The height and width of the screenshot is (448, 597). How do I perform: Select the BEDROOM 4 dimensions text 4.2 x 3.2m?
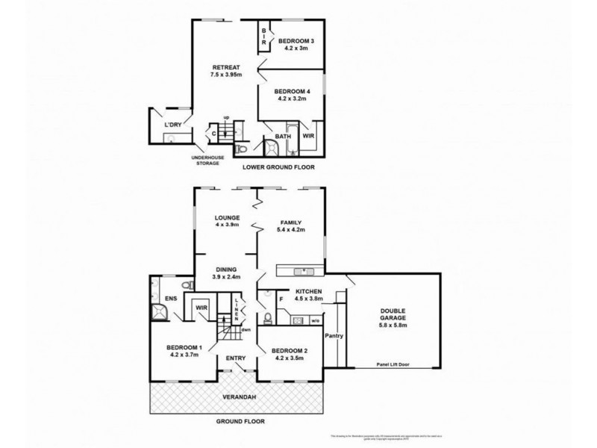click(293, 97)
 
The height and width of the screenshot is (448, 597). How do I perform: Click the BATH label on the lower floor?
click(283, 137)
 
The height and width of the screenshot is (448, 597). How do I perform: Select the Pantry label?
click(334, 335)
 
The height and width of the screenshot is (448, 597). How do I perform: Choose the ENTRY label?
click(236, 358)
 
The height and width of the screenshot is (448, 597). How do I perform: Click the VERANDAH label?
click(237, 397)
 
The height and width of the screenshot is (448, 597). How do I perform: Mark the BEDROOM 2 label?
click(290, 350)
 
